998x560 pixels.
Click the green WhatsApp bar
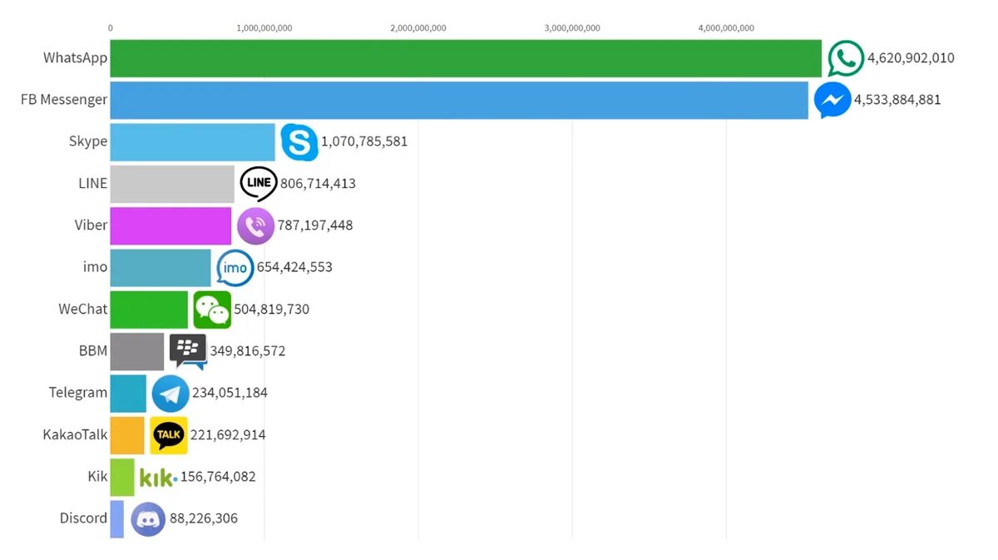466,58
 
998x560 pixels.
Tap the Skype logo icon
299,141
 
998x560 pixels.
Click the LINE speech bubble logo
259,183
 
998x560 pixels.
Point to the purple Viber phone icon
255,225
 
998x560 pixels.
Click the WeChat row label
82,309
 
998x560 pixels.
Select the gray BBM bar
137,351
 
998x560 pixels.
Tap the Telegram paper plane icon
170,394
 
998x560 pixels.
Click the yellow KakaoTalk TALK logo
169,434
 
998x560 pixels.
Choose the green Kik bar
122,477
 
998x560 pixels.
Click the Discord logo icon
148,519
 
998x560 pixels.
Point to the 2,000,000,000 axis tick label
417,28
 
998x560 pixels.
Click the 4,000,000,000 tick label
726,28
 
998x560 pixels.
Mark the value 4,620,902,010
911,58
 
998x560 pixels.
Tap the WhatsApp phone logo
846,58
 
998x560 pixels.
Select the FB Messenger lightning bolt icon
832,101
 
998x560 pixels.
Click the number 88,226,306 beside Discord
204,518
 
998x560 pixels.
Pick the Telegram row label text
78,393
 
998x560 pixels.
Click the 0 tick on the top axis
110,28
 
